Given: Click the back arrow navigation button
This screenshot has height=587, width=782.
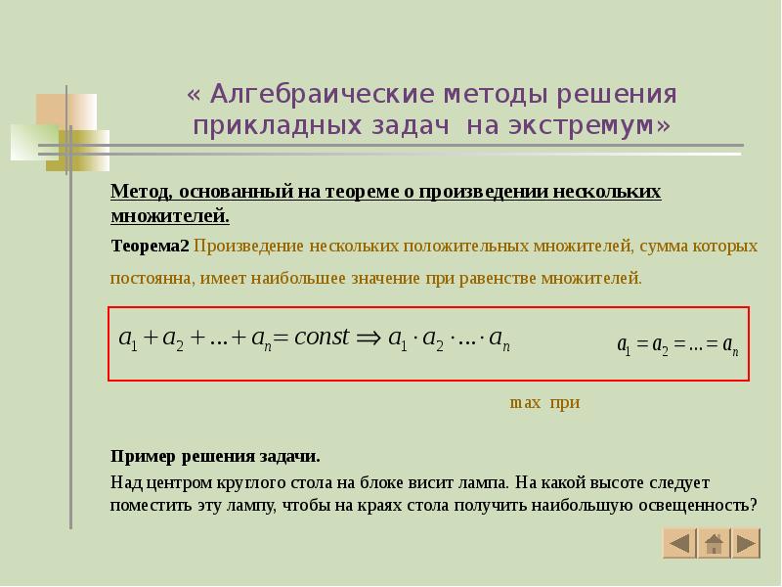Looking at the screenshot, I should (680, 543).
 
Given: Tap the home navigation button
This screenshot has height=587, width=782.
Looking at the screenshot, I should (714, 543).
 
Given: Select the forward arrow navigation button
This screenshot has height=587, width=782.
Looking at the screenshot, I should (746, 543).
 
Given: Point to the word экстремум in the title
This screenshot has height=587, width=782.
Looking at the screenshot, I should (585, 127).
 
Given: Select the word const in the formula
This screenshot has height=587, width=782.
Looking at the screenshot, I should (322, 338).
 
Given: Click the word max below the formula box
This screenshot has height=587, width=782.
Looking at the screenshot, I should (525, 403).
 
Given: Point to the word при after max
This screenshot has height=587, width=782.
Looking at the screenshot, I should (565, 403).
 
